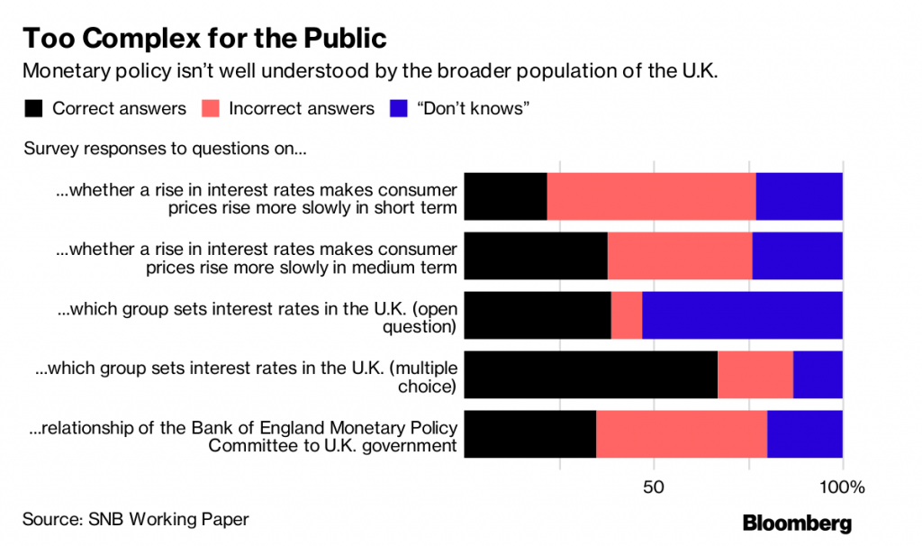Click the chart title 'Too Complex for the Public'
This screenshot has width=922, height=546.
click(204, 39)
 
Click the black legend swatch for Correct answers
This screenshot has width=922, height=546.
click(33, 109)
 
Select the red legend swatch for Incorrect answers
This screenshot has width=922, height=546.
click(210, 109)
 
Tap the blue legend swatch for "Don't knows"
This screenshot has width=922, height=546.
click(396, 109)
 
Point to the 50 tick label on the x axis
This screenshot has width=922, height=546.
click(654, 487)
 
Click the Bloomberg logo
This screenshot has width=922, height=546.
click(796, 523)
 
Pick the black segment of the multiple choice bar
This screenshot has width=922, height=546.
click(590, 374)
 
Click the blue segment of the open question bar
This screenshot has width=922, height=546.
click(742, 314)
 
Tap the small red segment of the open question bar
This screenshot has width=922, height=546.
click(627, 314)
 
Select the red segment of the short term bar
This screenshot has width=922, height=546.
click(651, 196)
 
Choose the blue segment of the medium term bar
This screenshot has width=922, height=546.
click(797, 255)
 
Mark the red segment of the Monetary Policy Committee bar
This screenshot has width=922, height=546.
click(681, 433)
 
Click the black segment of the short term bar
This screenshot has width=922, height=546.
click(505, 196)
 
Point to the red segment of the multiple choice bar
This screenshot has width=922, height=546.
click(755, 374)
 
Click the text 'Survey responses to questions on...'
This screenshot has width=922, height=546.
click(165, 148)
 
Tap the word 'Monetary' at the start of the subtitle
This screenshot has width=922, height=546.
click(62, 71)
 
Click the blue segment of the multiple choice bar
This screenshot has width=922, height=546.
click(818, 374)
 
